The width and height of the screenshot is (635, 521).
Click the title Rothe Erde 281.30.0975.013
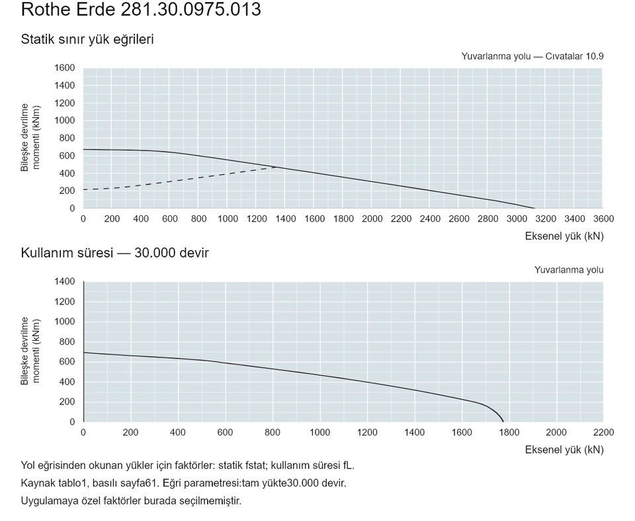pos(141,9)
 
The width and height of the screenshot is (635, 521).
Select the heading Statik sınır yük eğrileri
pos(87,39)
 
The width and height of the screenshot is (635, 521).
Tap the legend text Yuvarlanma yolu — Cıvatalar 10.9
pos(532,56)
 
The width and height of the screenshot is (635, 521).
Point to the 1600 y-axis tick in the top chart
pos(65,68)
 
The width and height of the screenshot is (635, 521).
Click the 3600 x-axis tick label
pos(603,219)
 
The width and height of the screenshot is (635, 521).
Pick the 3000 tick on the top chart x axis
pos(517,219)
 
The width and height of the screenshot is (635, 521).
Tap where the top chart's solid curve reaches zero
pos(534,209)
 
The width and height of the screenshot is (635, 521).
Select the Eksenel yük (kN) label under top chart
pos(564,236)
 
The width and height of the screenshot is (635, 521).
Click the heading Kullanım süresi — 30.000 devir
pos(114,253)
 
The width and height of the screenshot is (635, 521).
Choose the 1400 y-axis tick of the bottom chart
pos(65,281)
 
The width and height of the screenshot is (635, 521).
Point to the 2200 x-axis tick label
pos(603,432)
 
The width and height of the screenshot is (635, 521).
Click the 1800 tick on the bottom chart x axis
pos(509,432)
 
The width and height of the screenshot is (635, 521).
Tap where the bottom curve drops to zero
pos(503,422)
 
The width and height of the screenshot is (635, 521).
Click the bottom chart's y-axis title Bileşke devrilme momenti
pos(30,351)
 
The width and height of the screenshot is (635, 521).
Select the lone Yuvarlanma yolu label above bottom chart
pos(569,270)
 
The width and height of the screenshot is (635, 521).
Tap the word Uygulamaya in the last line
pos(46,501)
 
